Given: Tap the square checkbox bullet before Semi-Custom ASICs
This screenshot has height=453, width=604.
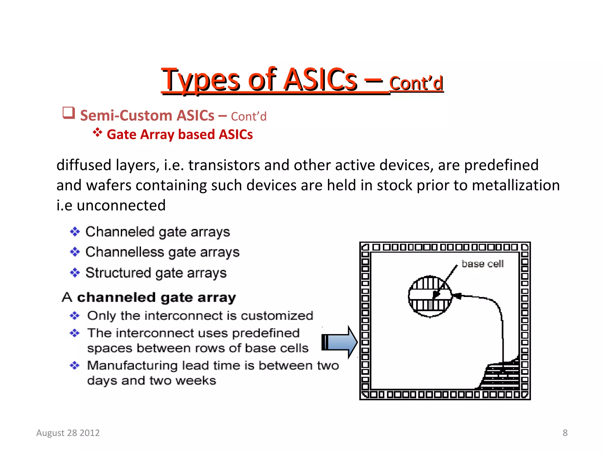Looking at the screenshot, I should tap(69, 113).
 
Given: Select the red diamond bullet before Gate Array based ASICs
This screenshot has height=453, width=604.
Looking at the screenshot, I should tap(97, 132).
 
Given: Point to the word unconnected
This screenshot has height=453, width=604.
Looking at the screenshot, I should tap(121, 205).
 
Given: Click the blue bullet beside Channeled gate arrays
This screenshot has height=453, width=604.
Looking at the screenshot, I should tap(75, 232).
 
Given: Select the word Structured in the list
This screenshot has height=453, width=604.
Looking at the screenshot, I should tap(118, 273).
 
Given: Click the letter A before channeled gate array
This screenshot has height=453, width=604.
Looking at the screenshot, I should tap(67, 297).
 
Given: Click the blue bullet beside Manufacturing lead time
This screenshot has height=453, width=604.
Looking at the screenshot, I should tap(75, 366).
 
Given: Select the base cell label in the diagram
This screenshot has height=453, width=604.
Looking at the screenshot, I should tap(482, 264).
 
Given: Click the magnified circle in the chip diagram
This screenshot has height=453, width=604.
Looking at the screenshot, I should tap(430, 296).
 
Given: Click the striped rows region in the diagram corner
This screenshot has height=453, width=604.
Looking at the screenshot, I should tap(501, 375).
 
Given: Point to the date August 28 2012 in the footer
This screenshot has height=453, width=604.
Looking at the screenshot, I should tap(68, 433).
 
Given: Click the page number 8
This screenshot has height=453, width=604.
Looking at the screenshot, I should tap(565, 433).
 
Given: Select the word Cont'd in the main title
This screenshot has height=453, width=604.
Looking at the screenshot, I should tap(416, 83).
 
